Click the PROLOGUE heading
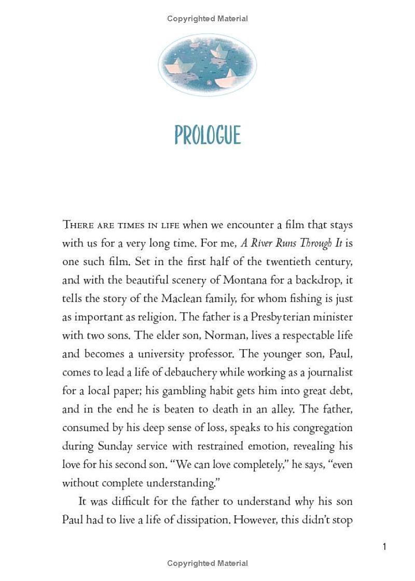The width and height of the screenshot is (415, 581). click(x=208, y=135)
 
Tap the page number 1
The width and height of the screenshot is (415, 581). click(x=384, y=546)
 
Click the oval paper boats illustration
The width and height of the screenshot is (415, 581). click(x=208, y=65)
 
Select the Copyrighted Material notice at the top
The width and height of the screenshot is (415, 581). click(x=208, y=19)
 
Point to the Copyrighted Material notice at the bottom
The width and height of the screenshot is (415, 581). click(x=208, y=563)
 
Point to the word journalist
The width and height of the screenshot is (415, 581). click(x=330, y=372)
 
